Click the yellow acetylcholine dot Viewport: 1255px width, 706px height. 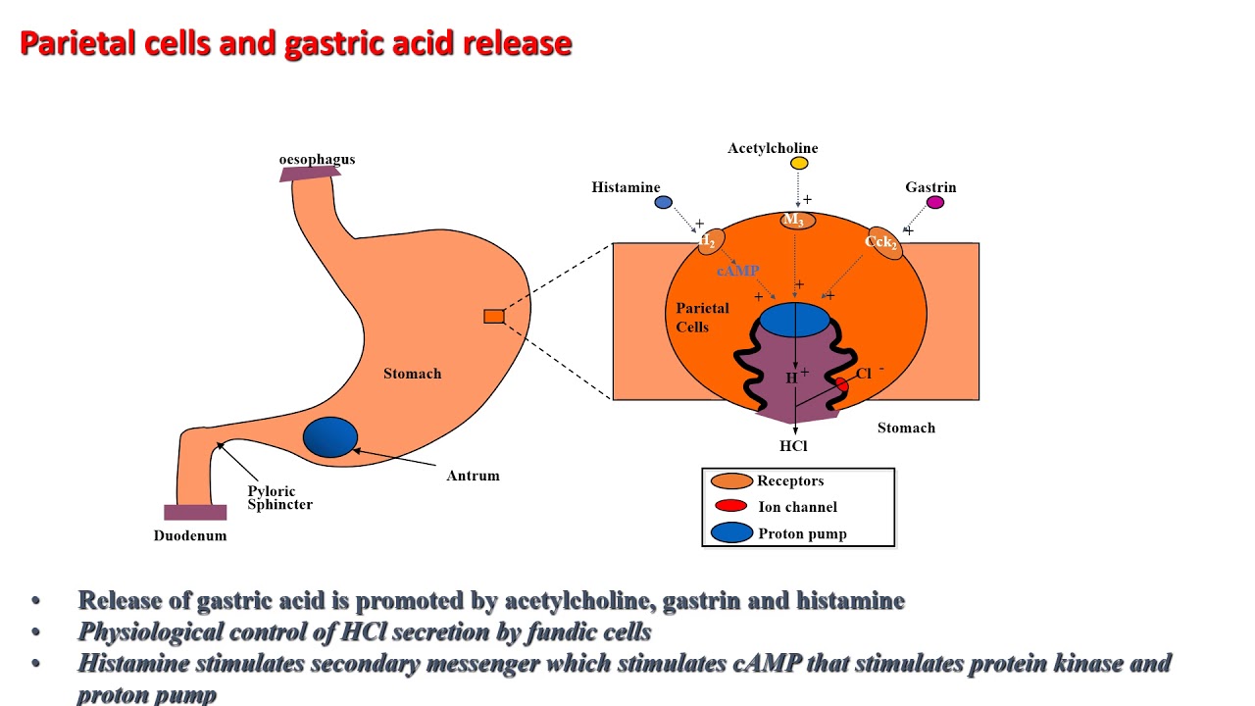point(799,164)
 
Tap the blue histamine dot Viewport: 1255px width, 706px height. point(663,203)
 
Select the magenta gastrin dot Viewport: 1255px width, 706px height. point(935,203)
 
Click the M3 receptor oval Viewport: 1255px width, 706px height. point(797,220)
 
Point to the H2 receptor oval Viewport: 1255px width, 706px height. point(710,241)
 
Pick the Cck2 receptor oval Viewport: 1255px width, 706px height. point(884,242)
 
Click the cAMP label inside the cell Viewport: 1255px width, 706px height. point(737,271)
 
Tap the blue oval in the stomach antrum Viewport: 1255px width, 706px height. point(330,437)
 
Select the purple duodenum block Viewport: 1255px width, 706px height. point(195,512)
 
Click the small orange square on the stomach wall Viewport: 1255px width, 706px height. point(494,316)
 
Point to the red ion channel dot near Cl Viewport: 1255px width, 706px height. point(841,384)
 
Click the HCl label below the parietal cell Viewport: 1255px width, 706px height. point(793,446)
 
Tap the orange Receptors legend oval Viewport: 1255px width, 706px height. point(731,481)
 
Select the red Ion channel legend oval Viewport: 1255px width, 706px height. point(730,506)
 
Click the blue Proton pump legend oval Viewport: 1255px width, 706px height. point(731,533)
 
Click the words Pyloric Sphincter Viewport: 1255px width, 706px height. point(279,498)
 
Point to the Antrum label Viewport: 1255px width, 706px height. point(473,476)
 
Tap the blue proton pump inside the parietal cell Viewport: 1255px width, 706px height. point(794,319)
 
